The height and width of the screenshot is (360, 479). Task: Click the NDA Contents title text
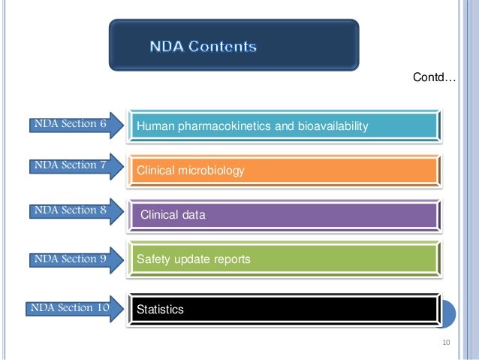point(203,47)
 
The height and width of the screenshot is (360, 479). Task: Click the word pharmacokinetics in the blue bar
point(220,127)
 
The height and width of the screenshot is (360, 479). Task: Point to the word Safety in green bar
point(152,259)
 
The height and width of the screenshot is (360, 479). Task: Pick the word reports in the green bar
point(230,259)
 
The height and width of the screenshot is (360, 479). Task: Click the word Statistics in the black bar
point(159,309)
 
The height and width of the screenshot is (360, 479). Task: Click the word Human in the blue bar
point(153,127)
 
